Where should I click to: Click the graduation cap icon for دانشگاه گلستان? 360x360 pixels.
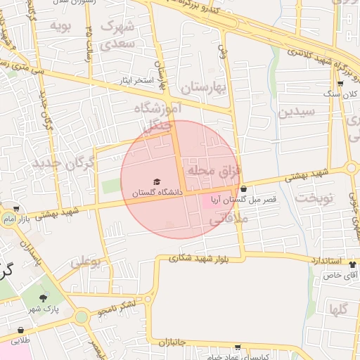pos(157,182)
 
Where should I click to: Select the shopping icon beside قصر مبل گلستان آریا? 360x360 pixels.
pos(243,188)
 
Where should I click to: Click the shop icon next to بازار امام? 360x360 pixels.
pos(16,210)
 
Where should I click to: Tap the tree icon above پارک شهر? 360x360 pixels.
pos(50,298)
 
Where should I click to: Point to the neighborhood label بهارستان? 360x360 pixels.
pos(206,88)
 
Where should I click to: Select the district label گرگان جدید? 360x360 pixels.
pos(63,164)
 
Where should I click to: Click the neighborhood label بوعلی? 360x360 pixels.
pos(86,262)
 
